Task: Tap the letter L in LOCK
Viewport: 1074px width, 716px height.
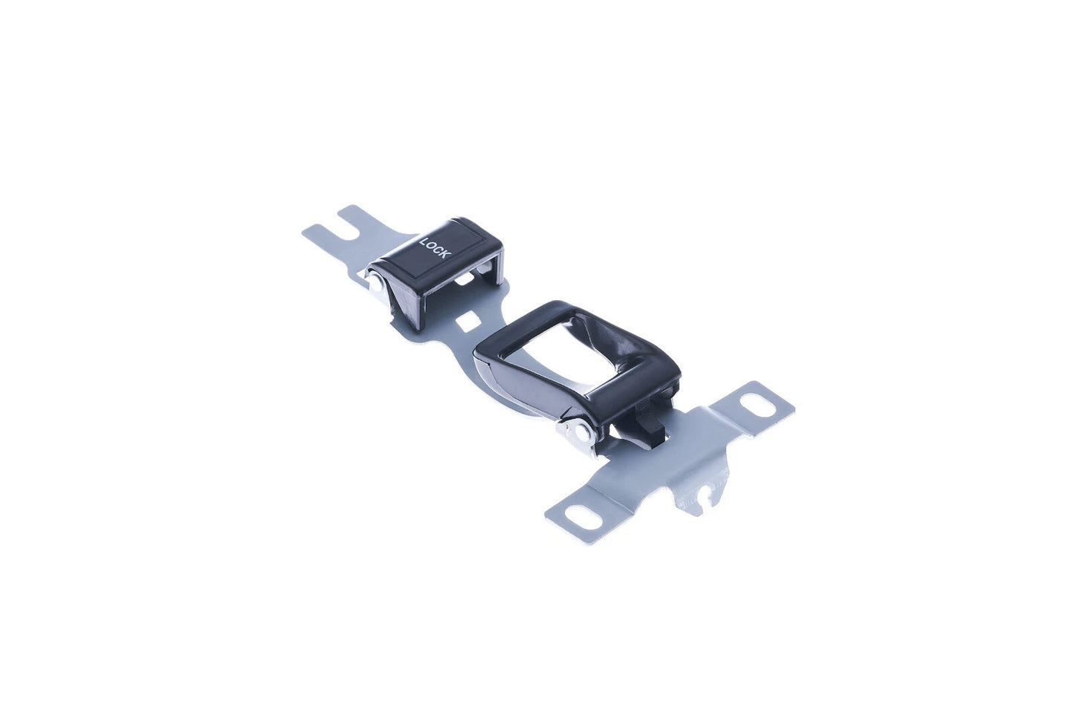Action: tap(424, 241)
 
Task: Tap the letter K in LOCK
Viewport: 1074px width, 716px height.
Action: tap(447, 254)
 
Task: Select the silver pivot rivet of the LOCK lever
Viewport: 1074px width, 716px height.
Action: tap(376, 286)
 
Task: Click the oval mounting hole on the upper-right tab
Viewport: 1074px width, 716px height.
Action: tap(758, 404)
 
